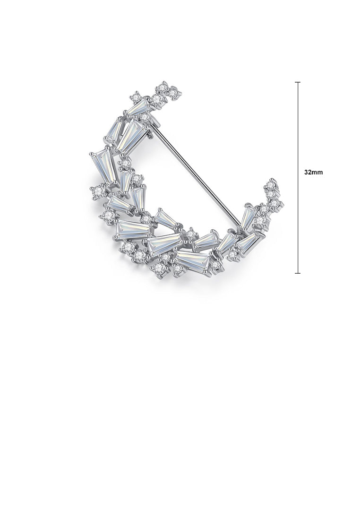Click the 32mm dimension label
[314, 173]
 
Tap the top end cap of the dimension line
[298, 82]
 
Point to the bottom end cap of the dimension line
[298, 273]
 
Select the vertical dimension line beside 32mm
[298, 142]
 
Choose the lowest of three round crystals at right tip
[275, 204]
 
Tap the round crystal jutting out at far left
[98, 191]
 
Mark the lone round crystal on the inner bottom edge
[190, 234]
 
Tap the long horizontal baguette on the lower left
[133, 229]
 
